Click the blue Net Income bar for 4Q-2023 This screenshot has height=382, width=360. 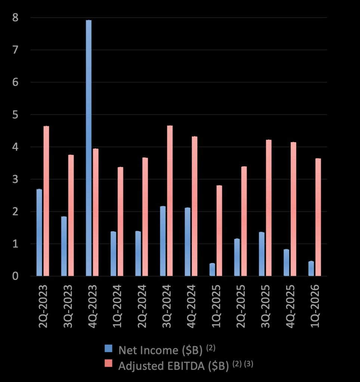pyautogui.click(x=89, y=148)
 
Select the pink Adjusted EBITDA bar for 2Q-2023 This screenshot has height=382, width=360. pyautogui.click(x=46, y=201)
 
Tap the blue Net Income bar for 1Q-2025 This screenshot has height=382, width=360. pyautogui.click(x=212, y=270)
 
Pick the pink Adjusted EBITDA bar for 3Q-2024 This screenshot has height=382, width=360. pyautogui.click(x=170, y=201)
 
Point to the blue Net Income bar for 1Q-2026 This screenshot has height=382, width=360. pyautogui.click(x=311, y=269)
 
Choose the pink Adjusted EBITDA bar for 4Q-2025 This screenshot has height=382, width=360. pyautogui.click(x=294, y=209)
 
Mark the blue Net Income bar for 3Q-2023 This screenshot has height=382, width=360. pyautogui.click(x=64, y=246)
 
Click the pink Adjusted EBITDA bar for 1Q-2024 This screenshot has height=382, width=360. pyautogui.click(x=121, y=222)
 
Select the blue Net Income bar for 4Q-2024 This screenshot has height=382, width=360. pyautogui.click(x=187, y=242)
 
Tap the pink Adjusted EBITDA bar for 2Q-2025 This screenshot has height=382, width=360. pyautogui.click(x=244, y=221)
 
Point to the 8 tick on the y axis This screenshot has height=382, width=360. pyautogui.click(x=15, y=18)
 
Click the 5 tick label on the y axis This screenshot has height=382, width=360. pyautogui.click(x=15, y=115)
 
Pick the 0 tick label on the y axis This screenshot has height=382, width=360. pyautogui.click(x=15, y=276)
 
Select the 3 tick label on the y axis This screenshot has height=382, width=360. pyautogui.click(x=15, y=179)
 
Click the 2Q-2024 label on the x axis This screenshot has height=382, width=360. pyautogui.click(x=142, y=306)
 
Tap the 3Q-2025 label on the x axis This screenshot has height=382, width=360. pyautogui.click(x=266, y=306)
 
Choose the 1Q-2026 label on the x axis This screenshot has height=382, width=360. pyautogui.click(x=315, y=306)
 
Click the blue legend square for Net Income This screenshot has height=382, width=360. pyautogui.click(x=108, y=348)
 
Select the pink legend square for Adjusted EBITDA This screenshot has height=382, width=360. pyautogui.click(x=108, y=363)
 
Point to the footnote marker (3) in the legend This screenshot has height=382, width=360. pyautogui.click(x=249, y=364)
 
